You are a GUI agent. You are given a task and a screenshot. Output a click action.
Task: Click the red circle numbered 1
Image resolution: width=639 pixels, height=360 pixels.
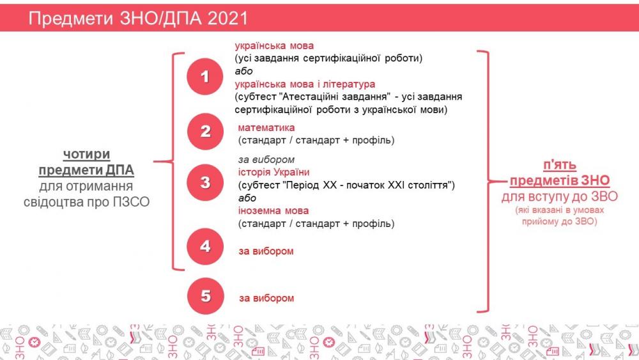[205, 76]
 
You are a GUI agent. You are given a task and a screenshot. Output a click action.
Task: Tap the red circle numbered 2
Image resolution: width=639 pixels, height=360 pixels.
[205, 131]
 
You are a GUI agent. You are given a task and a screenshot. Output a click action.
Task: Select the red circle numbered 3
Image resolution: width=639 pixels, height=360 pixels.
[205, 182]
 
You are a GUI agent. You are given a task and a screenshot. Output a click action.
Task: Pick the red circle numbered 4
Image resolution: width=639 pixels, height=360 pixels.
[205, 246]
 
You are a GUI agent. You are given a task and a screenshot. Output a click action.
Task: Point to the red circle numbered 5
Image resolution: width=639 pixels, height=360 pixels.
[205, 296]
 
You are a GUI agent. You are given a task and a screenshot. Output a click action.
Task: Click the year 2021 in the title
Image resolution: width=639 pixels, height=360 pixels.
[227, 19]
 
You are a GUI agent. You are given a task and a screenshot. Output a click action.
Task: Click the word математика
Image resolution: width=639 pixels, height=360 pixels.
[266, 128]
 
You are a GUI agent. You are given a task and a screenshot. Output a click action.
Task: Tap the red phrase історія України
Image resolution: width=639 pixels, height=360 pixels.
[274, 172]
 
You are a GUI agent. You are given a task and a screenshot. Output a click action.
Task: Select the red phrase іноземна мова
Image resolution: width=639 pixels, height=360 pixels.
[273, 211]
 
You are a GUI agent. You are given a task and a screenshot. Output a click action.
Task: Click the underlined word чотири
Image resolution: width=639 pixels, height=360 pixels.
[86, 154]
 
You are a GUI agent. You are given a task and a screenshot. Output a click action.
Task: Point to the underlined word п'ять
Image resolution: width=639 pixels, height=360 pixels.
[560, 165]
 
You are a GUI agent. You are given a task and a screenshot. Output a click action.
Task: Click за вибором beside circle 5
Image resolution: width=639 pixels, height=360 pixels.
[266, 298]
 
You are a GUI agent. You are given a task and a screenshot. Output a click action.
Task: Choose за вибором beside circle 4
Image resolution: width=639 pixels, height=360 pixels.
[266, 251]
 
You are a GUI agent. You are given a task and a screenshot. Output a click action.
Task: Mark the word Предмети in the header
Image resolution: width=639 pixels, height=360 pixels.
[70, 19]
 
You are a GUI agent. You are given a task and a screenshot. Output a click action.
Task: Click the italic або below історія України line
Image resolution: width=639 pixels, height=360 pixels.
[247, 198]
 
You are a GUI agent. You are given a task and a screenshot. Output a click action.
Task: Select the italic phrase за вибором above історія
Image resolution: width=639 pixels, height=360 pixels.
[266, 159]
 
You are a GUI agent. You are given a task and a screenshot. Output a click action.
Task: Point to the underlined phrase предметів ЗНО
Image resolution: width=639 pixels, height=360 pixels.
[560, 180]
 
